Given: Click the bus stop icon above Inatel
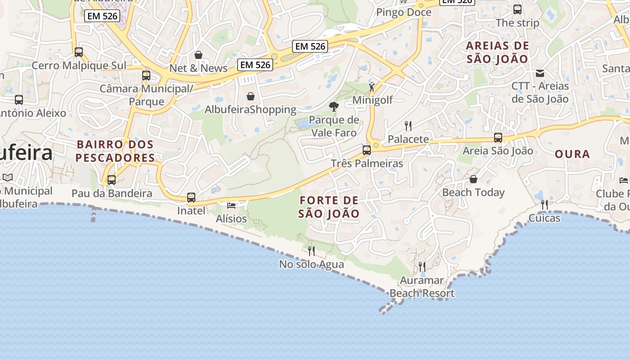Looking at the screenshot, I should tap(191, 197).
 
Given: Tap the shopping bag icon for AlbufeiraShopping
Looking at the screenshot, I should tap(251, 96).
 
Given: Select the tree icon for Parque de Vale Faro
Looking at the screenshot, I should tap(334, 107).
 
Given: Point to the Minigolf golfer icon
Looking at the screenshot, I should tap(372, 87).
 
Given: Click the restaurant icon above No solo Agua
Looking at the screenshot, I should tap(311, 251).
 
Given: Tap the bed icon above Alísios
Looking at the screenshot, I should tap(231, 206).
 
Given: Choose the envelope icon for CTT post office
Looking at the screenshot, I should tap(540, 73).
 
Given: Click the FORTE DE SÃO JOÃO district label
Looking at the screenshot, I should tap(329, 207).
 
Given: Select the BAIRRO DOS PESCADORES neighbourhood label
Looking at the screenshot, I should tap(115, 151).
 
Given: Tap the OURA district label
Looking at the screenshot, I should tap(572, 154).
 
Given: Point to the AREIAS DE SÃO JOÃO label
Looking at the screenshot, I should tap(497, 52).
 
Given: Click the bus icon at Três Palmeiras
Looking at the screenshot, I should tap(367, 150).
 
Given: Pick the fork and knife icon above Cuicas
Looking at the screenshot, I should tap(544, 205).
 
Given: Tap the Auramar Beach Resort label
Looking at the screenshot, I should tap(422, 287).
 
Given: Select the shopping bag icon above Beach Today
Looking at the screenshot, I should tap(473, 179).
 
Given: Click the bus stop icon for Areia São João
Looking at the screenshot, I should tap(498, 138).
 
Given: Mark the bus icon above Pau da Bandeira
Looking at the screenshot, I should tap(112, 180).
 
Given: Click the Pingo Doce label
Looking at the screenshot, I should tap(404, 12).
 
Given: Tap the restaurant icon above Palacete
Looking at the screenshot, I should tap(408, 126).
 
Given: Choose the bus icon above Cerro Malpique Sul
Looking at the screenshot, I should tap(79, 52).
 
